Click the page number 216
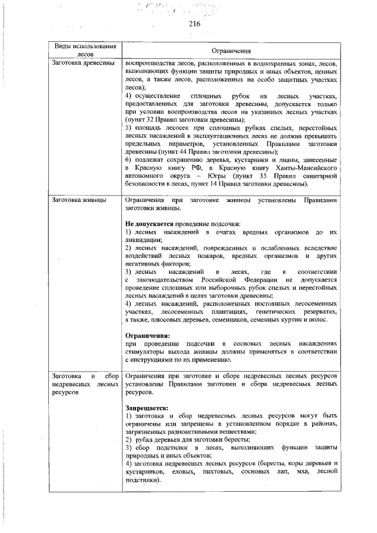(x=195, y=24)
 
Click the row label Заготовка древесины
(x=83, y=63)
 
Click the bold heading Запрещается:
(x=147, y=407)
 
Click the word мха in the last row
(x=297, y=472)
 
